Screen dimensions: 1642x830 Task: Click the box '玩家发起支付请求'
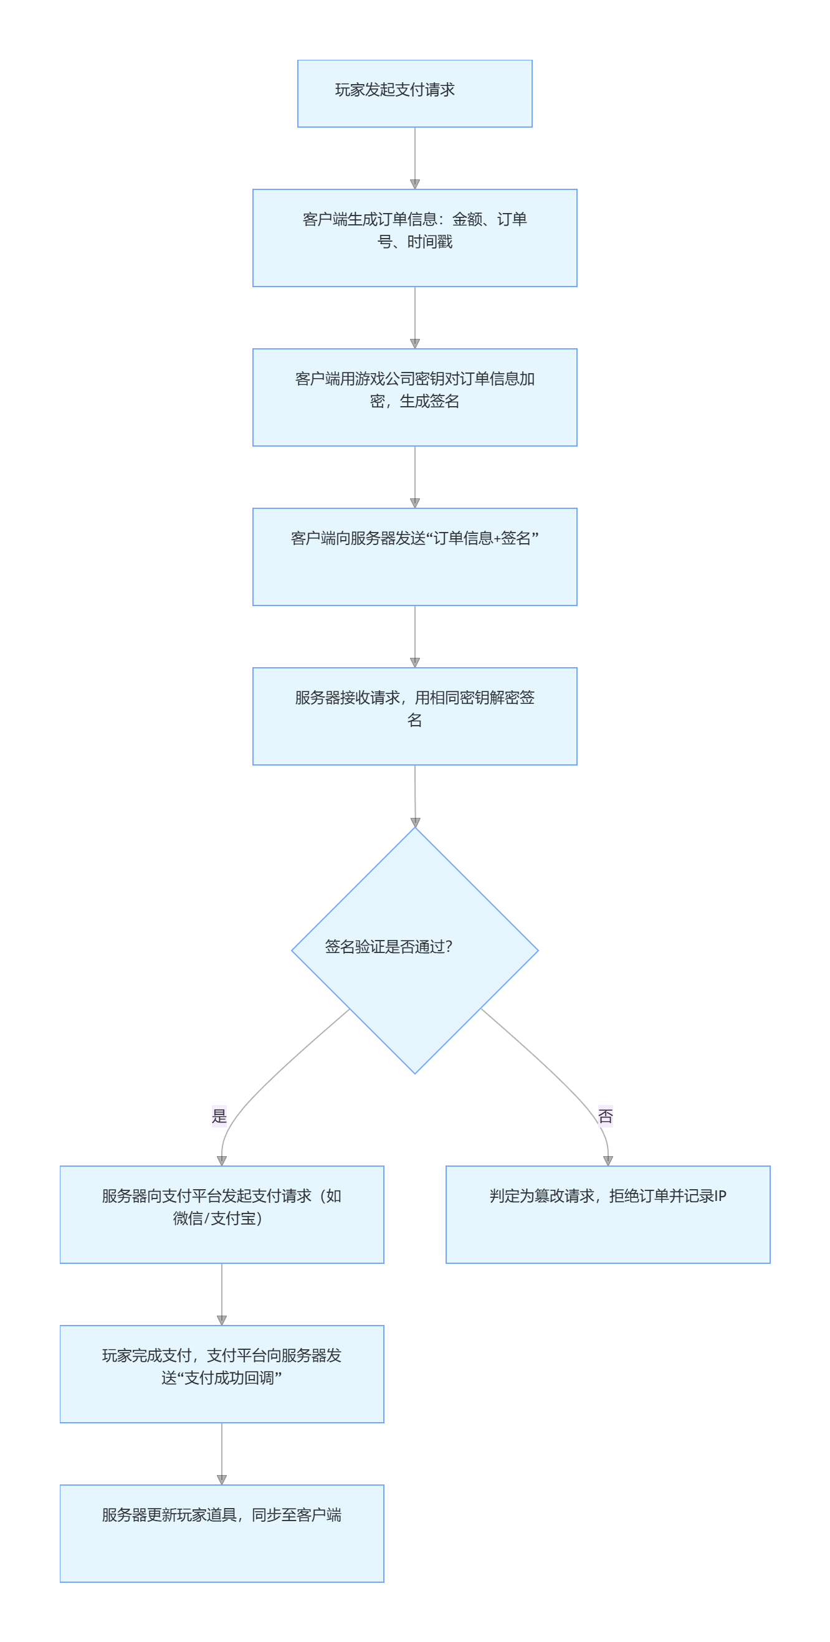[414, 93]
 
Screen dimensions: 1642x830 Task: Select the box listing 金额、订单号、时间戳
[414, 237]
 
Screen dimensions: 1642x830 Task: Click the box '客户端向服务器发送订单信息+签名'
[414, 556]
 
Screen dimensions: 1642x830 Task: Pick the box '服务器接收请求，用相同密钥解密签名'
[414, 715]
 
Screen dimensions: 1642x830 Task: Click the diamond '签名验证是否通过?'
[414, 950]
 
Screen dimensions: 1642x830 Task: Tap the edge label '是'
[219, 1116]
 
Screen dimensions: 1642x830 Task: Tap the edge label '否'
[605, 1116]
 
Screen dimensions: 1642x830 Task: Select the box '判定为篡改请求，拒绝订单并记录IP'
[608, 1213]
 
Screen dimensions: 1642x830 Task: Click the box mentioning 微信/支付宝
[221, 1213]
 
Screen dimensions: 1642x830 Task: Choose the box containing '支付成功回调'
[221, 1373]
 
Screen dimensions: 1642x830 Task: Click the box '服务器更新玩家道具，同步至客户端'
[221, 1532]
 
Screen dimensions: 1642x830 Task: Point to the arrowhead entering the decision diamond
[415, 822]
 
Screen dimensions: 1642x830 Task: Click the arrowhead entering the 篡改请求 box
[608, 1160]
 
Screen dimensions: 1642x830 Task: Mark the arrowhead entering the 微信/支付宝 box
[221, 1160]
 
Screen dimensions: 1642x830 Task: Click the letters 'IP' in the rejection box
[719, 1196]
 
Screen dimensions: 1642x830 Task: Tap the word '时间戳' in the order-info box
[430, 242]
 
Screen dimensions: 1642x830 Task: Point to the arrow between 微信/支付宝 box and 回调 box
[221, 1294]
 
